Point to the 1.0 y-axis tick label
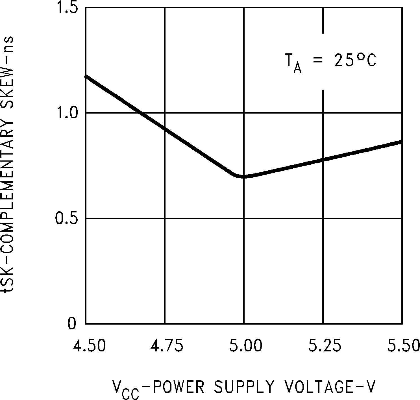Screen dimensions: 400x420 click(x=68, y=113)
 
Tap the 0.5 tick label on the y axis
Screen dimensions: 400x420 click(x=68, y=218)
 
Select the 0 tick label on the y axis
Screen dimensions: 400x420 click(x=72, y=324)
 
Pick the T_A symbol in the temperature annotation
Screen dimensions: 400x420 click(x=293, y=63)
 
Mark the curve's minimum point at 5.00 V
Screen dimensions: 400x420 click(x=243, y=176)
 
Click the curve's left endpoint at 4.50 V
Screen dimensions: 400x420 click(x=86, y=76)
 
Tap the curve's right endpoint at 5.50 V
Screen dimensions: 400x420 click(x=402, y=142)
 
